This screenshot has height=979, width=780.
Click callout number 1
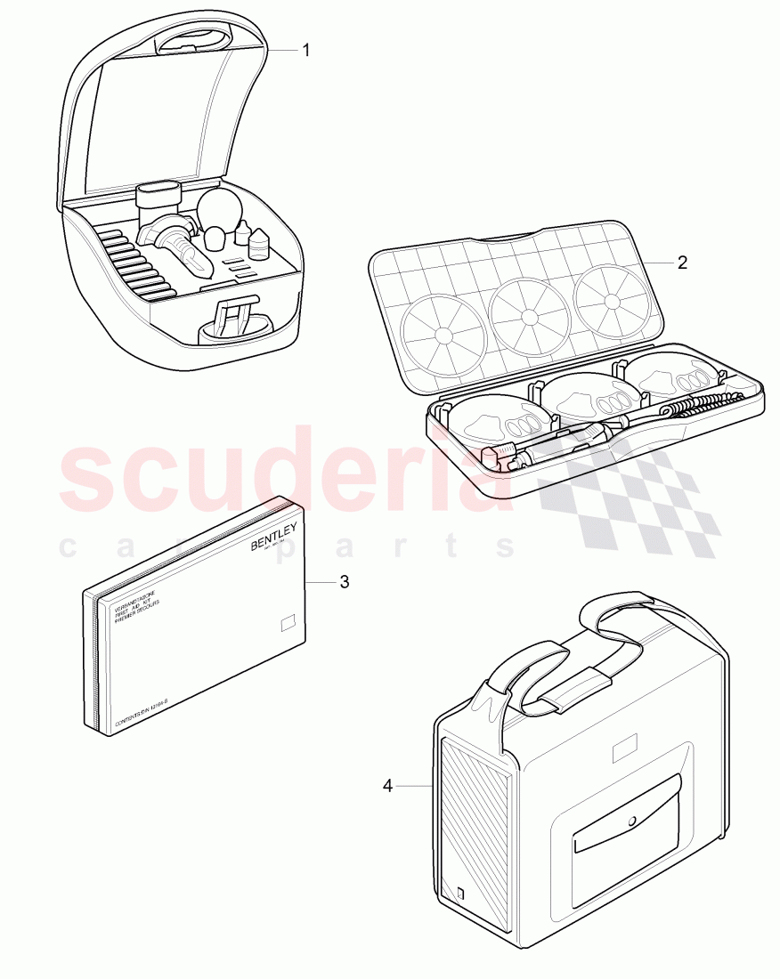[305, 51]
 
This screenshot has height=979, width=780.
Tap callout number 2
[682, 263]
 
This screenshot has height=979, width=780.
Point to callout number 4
[387, 785]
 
